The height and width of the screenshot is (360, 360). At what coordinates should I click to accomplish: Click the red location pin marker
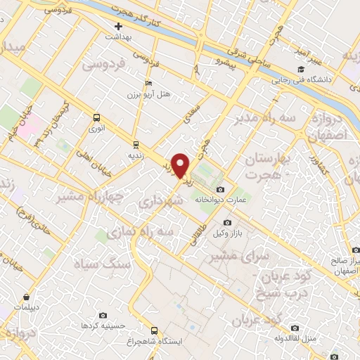click(181, 166)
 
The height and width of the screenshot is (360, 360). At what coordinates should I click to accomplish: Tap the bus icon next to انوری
click(96, 117)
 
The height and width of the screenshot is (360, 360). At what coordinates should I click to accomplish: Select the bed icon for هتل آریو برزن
click(148, 83)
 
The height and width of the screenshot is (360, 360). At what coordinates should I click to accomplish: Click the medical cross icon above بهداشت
click(118, 26)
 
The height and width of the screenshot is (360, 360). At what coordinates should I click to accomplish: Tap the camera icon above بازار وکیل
click(227, 222)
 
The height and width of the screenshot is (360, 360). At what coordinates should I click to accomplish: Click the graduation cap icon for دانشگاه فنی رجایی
click(301, 69)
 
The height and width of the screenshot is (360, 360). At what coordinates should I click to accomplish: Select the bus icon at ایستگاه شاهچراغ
click(154, 330)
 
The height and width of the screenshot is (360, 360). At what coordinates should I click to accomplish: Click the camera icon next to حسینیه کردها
click(104, 316)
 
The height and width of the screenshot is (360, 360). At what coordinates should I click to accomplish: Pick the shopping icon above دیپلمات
click(26, 297)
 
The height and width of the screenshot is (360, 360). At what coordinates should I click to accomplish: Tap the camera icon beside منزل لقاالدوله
click(295, 328)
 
